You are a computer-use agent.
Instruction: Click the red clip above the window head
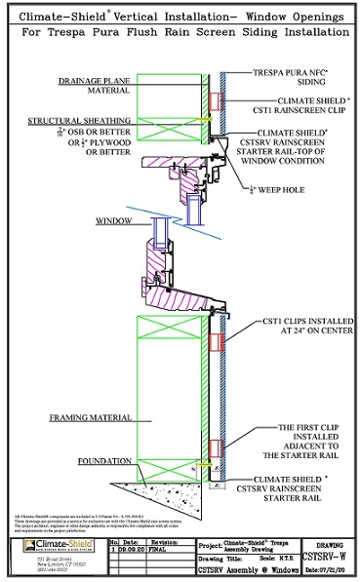pyautogui.click(x=214, y=100)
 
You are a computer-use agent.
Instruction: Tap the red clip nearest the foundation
pyautogui.click(x=214, y=449)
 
